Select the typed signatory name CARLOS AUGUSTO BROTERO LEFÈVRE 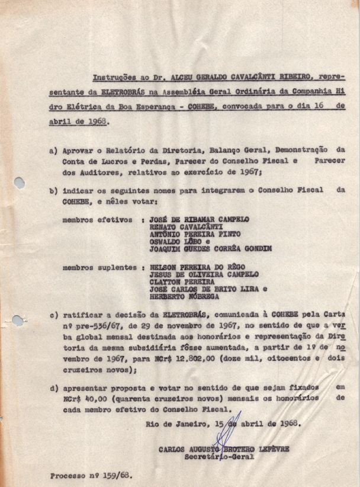point(224,449)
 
